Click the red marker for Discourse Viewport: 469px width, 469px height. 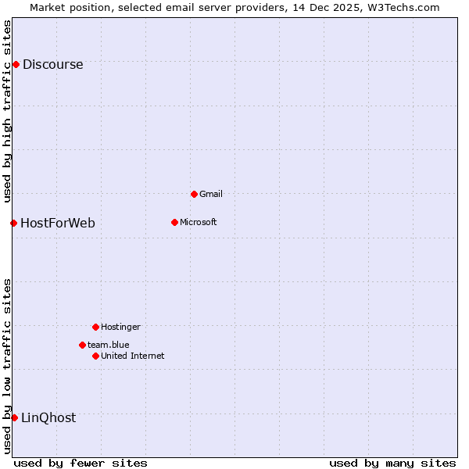pos(16,64)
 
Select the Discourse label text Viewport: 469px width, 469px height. pos(52,65)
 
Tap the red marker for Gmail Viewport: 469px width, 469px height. pos(194,194)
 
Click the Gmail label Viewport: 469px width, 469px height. pos(211,194)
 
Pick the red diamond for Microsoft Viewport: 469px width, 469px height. pos(174,222)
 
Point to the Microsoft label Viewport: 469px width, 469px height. pos(198,222)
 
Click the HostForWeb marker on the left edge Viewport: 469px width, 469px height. pos(13,223)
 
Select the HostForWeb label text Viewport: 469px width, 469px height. pos(58,224)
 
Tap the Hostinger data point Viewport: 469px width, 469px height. pos(95,327)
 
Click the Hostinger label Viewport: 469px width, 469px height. pos(120,327)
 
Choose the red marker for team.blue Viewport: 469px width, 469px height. pos(82,345)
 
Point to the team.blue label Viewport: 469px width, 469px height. pos(109,345)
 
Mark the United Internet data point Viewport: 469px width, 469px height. pos(95,356)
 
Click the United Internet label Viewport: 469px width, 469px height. pos(133,356)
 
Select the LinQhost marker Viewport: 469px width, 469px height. pos(14,417)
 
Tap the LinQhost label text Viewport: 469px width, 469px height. pos(48,418)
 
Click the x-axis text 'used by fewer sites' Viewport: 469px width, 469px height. pos(81,463)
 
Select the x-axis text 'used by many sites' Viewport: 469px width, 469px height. pos(392,463)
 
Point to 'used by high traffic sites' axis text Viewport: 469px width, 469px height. pos(7,111)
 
